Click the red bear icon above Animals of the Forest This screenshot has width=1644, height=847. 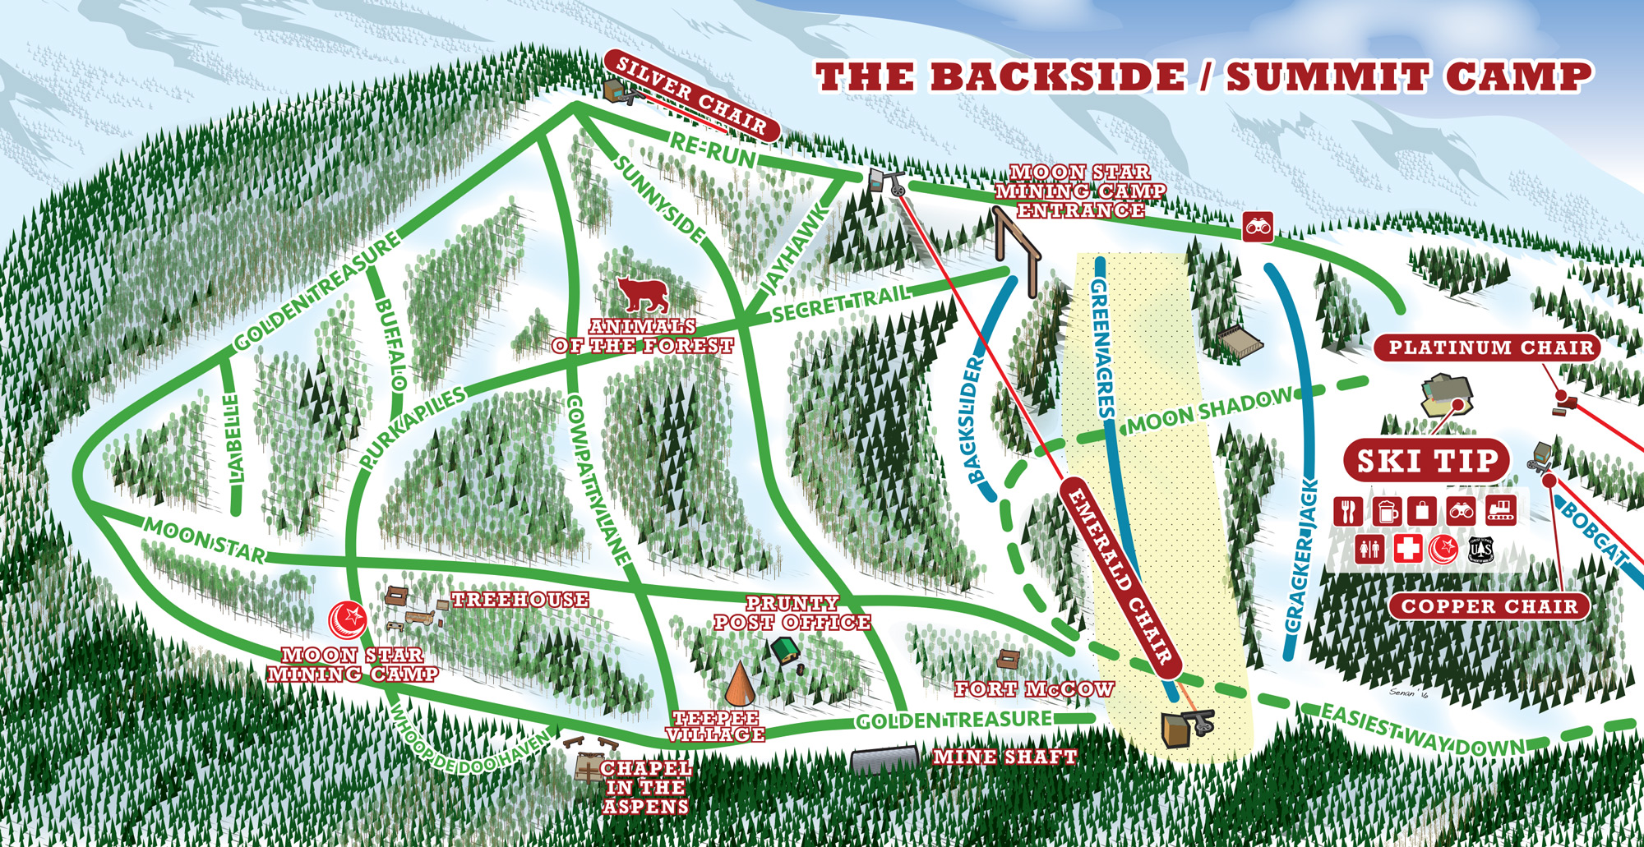tap(643, 294)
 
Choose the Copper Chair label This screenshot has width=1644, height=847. tap(1489, 606)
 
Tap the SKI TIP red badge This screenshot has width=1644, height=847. tap(1427, 461)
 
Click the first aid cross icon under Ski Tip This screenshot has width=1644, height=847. tap(1407, 548)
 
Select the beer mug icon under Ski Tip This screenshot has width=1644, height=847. tap(1386, 511)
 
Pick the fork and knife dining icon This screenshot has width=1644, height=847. tap(1348, 511)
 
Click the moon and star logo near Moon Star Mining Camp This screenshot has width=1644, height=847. tap(347, 619)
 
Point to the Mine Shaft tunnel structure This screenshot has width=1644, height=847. tap(884, 759)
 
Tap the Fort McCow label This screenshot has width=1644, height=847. tap(1033, 689)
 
